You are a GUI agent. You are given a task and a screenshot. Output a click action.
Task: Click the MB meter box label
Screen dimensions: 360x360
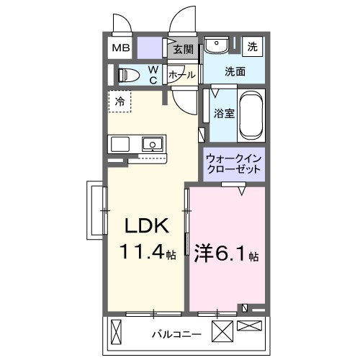pyautogui.click(x=120, y=49)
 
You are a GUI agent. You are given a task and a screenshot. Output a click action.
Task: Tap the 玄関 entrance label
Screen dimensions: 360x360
pyautogui.click(x=184, y=50)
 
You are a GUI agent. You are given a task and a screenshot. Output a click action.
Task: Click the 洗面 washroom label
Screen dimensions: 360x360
pyautogui.click(x=235, y=71)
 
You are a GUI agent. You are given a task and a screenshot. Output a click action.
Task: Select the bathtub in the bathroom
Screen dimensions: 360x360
pyautogui.click(x=251, y=115)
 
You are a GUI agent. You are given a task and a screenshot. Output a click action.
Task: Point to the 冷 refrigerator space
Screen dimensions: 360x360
pyautogui.click(x=120, y=102)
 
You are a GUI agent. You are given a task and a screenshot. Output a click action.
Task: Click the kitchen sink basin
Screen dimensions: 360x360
pyautogui.click(x=153, y=144)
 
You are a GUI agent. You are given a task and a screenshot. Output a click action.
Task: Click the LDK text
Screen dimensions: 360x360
pyautogui.click(x=147, y=226)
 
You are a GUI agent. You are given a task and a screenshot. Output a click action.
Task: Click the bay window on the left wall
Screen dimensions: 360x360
pyautogui.click(x=95, y=210)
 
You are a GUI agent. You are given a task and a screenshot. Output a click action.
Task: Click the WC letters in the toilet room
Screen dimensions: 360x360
pyautogui.click(x=153, y=74)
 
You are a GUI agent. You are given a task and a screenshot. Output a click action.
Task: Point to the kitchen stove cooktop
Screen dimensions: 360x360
pyautogui.click(x=119, y=144)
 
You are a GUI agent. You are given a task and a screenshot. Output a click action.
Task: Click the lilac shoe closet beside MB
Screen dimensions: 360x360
pyautogui.click(x=150, y=48)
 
